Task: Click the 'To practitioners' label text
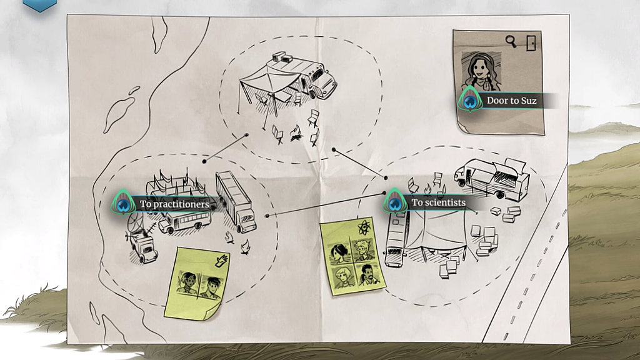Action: (x=174, y=204)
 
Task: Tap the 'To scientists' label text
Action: (x=438, y=202)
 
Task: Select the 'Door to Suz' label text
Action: (x=511, y=101)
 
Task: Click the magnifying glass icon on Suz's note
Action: (x=511, y=41)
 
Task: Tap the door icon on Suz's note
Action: (x=531, y=43)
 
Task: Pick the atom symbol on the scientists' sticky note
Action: (x=364, y=227)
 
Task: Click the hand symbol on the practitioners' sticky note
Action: (x=221, y=261)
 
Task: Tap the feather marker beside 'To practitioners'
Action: (x=123, y=202)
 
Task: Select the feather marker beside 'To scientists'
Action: (x=394, y=201)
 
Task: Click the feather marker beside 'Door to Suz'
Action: (x=469, y=99)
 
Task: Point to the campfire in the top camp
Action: (x=297, y=133)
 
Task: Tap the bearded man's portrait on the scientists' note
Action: (x=368, y=274)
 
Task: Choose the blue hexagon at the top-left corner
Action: (x=39, y=5)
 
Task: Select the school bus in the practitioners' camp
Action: (x=185, y=222)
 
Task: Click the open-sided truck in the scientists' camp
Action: (x=492, y=179)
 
